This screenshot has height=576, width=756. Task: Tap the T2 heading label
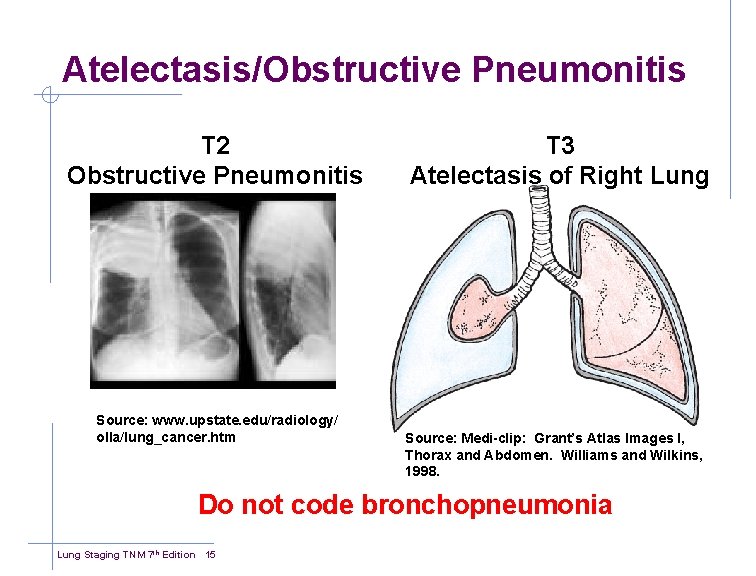(214, 146)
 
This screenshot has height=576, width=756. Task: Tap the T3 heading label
(559, 146)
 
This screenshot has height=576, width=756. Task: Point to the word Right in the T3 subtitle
(612, 177)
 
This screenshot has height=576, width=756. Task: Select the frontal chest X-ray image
(169, 289)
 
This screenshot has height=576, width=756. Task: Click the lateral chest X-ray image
(292, 289)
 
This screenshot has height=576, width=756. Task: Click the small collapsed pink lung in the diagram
(486, 305)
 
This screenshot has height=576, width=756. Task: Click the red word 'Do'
(216, 505)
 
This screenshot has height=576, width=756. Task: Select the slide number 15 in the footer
(210, 555)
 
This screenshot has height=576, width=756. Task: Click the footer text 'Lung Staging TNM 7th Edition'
(126, 555)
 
